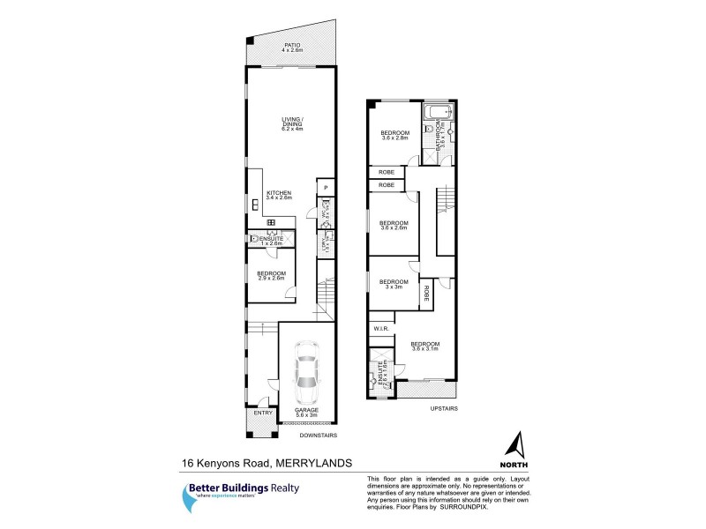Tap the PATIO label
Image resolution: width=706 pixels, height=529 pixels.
pyautogui.click(x=291, y=47)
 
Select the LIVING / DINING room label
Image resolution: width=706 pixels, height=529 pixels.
pyautogui.click(x=291, y=123)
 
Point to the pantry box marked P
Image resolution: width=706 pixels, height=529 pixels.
pyautogui.click(x=325, y=187)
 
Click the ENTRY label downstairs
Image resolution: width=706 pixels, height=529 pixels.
pyautogui.click(x=263, y=413)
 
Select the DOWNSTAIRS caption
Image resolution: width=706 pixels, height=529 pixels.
pyautogui.click(x=319, y=435)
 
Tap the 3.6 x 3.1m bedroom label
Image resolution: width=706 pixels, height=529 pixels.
pyautogui.click(x=425, y=346)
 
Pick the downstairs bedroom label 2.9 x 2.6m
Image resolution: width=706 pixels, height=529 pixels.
pyautogui.click(x=270, y=276)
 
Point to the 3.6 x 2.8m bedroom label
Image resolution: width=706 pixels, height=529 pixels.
pyautogui.click(x=394, y=135)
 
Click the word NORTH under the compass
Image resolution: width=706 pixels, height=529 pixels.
pyautogui.click(x=519, y=464)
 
